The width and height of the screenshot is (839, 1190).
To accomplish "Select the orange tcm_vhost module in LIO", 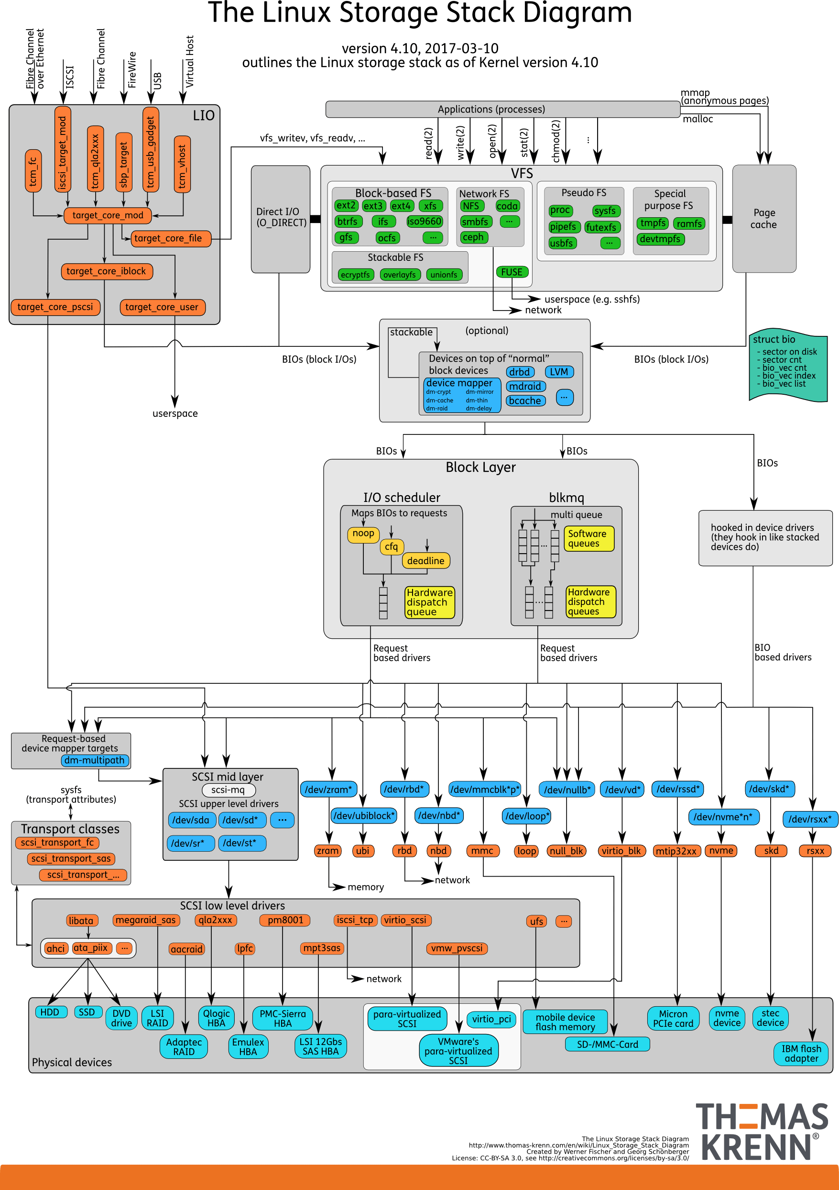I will tap(182, 164).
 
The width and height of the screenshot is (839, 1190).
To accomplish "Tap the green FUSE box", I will tap(512, 272).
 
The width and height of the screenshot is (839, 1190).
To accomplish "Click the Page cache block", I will tap(763, 219).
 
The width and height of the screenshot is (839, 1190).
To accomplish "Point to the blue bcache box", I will tap(524, 400).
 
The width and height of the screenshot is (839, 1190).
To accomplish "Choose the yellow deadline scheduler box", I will tap(425, 561).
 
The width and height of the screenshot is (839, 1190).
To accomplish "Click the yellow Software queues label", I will tap(588, 538).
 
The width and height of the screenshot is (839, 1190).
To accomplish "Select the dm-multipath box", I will tap(95, 760).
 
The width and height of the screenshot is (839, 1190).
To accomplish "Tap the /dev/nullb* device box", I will tap(567, 790).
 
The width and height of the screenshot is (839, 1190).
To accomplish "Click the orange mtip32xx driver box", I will tap(676, 851).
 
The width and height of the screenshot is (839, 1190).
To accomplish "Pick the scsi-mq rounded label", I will tap(229, 790).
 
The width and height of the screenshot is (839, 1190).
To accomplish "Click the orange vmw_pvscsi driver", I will tap(457, 948).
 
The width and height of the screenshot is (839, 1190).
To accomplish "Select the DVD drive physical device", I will tap(122, 1018).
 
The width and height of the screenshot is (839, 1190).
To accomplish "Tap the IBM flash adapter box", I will tap(801, 1053).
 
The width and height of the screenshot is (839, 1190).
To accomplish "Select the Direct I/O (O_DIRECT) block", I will tap(280, 218).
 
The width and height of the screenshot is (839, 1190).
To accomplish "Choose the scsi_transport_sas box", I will tap(71, 858).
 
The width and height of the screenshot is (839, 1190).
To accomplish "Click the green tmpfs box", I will tap(653, 223).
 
